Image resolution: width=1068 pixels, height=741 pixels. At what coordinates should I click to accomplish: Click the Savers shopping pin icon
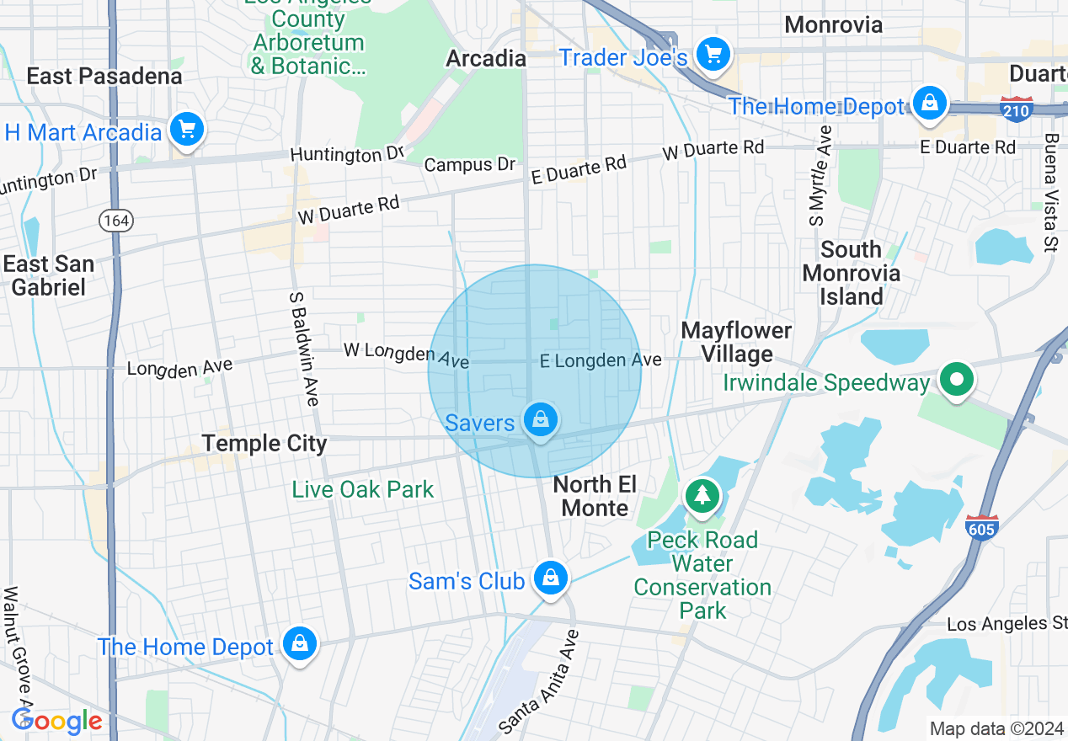pyautogui.click(x=540, y=418)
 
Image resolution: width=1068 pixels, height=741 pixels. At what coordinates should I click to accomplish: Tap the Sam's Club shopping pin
pyautogui.click(x=550, y=578)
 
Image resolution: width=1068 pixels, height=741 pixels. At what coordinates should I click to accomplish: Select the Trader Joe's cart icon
pyautogui.click(x=713, y=56)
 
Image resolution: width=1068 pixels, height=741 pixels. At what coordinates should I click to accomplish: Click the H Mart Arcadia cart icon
pyautogui.click(x=186, y=130)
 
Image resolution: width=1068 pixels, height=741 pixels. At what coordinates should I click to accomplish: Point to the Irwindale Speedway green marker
pyautogui.click(x=956, y=380)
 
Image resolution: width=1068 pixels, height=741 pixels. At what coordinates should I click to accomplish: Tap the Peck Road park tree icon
pyautogui.click(x=702, y=494)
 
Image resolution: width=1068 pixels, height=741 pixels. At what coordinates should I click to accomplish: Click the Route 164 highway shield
pyautogui.click(x=115, y=221)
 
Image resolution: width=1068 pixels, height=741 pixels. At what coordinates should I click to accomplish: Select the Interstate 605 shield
pyautogui.click(x=982, y=527)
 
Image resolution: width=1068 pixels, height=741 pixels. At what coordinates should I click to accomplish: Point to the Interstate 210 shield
pyautogui.click(x=1017, y=109)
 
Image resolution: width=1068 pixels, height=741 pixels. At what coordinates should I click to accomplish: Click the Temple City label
pyautogui.click(x=264, y=443)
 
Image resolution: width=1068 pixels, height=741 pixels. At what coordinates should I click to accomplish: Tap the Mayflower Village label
pyautogui.click(x=737, y=342)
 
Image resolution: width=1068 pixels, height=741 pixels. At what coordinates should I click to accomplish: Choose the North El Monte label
pyautogui.click(x=595, y=496)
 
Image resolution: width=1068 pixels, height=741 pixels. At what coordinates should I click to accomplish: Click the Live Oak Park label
pyautogui.click(x=363, y=489)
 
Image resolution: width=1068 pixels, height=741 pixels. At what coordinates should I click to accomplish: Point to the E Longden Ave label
pyautogui.click(x=601, y=360)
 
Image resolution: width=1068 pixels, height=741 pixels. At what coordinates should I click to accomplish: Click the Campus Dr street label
pyautogui.click(x=469, y=164)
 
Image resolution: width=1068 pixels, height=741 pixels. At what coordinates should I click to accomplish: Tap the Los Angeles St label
pyautogui.click(x=1007, y=624)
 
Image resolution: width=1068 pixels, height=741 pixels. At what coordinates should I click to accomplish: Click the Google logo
pyautogui.click(x=57, y=721)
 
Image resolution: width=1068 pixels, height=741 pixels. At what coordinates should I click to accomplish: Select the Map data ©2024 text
pyautogui.click(x=994, y=728)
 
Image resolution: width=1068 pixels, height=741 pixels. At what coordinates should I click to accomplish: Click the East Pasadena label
pyautogui.click(x=104, y=77)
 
